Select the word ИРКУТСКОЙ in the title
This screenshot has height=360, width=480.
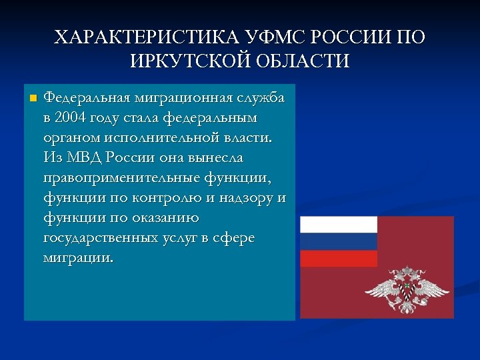tap(189, 61)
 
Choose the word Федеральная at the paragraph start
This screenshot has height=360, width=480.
tap(87, 98)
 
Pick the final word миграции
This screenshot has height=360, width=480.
tap(78, 258)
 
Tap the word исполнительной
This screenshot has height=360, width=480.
tap(164, 138)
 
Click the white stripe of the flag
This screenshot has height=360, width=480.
tap(338, 224)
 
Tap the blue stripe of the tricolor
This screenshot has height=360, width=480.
tap(338, 241)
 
